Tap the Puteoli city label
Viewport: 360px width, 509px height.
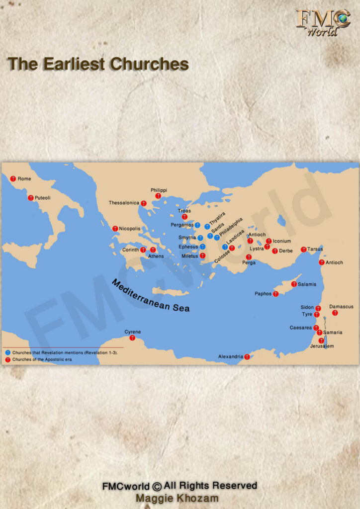tap(42, 198)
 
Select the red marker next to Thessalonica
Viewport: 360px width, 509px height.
tap(144, 203)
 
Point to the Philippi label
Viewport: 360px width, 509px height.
tap(159, 190)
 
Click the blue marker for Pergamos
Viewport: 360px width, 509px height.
tap(197, 225)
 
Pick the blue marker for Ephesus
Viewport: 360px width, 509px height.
tap(203, 247)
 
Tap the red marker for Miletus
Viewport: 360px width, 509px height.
tap(203, 255)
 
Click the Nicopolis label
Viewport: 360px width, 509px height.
tap(130, 229)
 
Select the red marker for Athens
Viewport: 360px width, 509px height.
tap(153, 250)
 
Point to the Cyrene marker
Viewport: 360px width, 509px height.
tap(132, 338)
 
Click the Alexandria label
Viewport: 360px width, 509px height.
tap(231, 357)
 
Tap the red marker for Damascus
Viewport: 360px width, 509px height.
tap(335, 313)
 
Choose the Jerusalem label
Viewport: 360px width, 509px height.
tap(322, 346)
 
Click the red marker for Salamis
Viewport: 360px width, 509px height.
tap(294, 284)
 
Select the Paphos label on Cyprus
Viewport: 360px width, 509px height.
tap(263, 294)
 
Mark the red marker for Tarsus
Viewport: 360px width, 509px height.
tap(304, 249)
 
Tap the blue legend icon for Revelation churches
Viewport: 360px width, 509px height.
tap(8, 352)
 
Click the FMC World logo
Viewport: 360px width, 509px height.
tap(323, 22)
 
